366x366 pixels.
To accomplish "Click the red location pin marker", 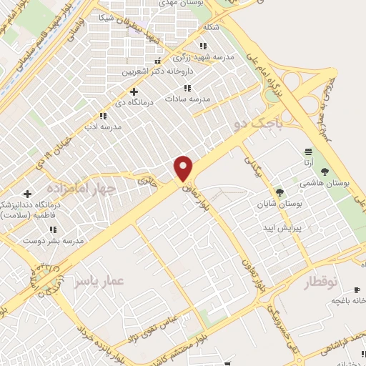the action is pyautogui.click(x=184, y=168).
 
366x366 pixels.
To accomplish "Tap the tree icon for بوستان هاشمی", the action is pyautogui.click(x=325, y=172).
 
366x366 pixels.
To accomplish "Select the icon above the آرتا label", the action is pyautogui.click(x=309, y=151).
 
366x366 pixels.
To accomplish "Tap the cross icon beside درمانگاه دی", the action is pyautogui.click(x=134, y=91).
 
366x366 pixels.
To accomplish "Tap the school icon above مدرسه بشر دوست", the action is pyautogui.click(x=52, y=229).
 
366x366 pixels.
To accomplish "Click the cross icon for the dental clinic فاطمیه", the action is pyautogui.click(x=28, y=194).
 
